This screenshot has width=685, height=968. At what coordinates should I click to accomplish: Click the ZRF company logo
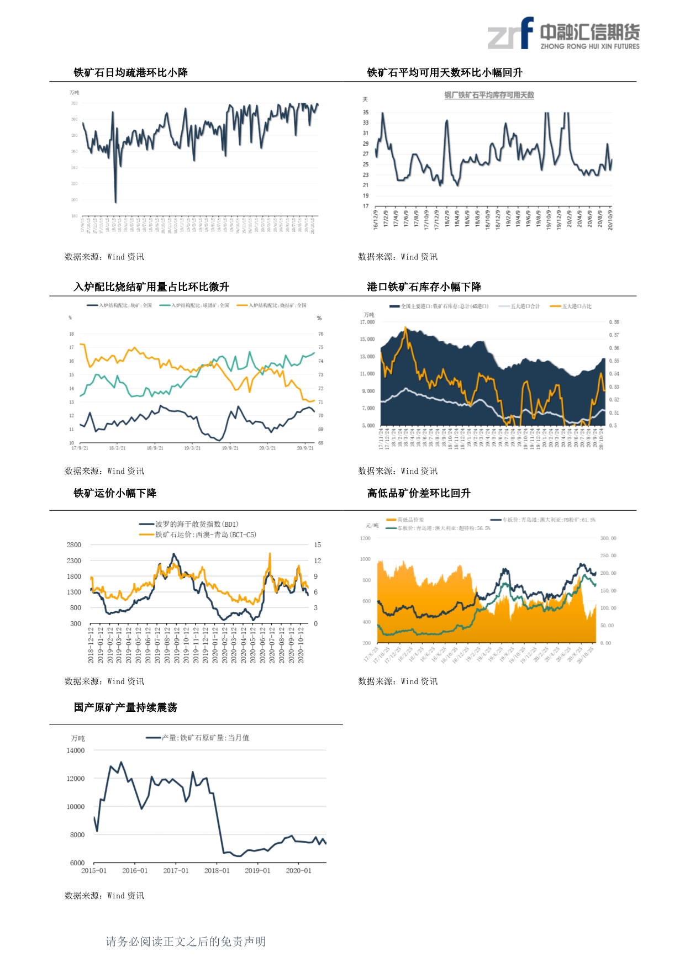coord(563,34)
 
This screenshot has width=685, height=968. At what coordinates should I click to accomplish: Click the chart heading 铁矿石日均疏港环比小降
coord(131,73)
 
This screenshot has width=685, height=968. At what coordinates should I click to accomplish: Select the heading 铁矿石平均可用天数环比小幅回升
coord(445,73)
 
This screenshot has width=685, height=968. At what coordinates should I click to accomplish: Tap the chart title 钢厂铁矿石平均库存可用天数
coord(489,95)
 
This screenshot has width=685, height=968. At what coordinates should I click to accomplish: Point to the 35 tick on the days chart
coord(366,113)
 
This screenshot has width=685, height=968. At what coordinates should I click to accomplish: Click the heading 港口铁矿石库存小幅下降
coord(424,287)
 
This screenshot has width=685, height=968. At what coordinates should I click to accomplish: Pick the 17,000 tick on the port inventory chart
coord(367,322)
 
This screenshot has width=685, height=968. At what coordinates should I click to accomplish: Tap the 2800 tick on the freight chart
coord(74,545)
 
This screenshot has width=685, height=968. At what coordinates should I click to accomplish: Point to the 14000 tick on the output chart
coord(76,751)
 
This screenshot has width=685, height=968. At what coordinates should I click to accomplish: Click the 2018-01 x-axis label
coord(217,871)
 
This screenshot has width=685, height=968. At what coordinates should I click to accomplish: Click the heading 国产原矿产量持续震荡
coord(125,707)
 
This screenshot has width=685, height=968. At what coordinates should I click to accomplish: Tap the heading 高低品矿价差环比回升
coord(419,494)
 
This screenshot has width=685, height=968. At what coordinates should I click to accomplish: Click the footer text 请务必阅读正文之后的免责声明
coord(186,941)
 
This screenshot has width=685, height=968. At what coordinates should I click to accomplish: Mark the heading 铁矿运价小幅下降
coord(115,494)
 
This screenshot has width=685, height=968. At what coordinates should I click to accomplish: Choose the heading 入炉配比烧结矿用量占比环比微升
coord(151,287)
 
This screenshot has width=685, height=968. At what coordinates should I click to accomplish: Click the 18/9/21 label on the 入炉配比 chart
coord(155,448)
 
